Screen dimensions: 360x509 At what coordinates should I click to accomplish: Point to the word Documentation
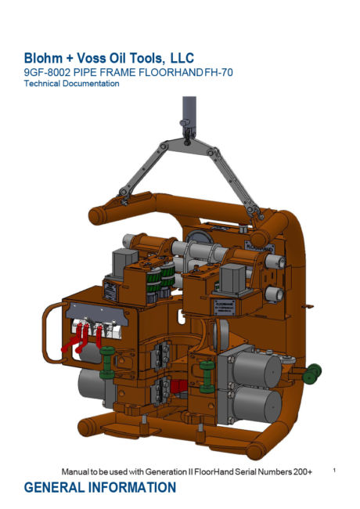pyautogui.click(x=91, y=84)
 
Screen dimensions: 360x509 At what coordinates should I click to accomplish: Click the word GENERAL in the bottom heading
pyautogui.click(x=54, y=487)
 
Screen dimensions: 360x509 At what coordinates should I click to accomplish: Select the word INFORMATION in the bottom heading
pyautogui.click(x=132, y=487)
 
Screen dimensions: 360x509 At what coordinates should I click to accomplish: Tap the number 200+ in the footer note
pyautogui.click(x=303, y=471)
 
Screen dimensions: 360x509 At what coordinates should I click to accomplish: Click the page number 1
pyautogui.click(x=334, y=470)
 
